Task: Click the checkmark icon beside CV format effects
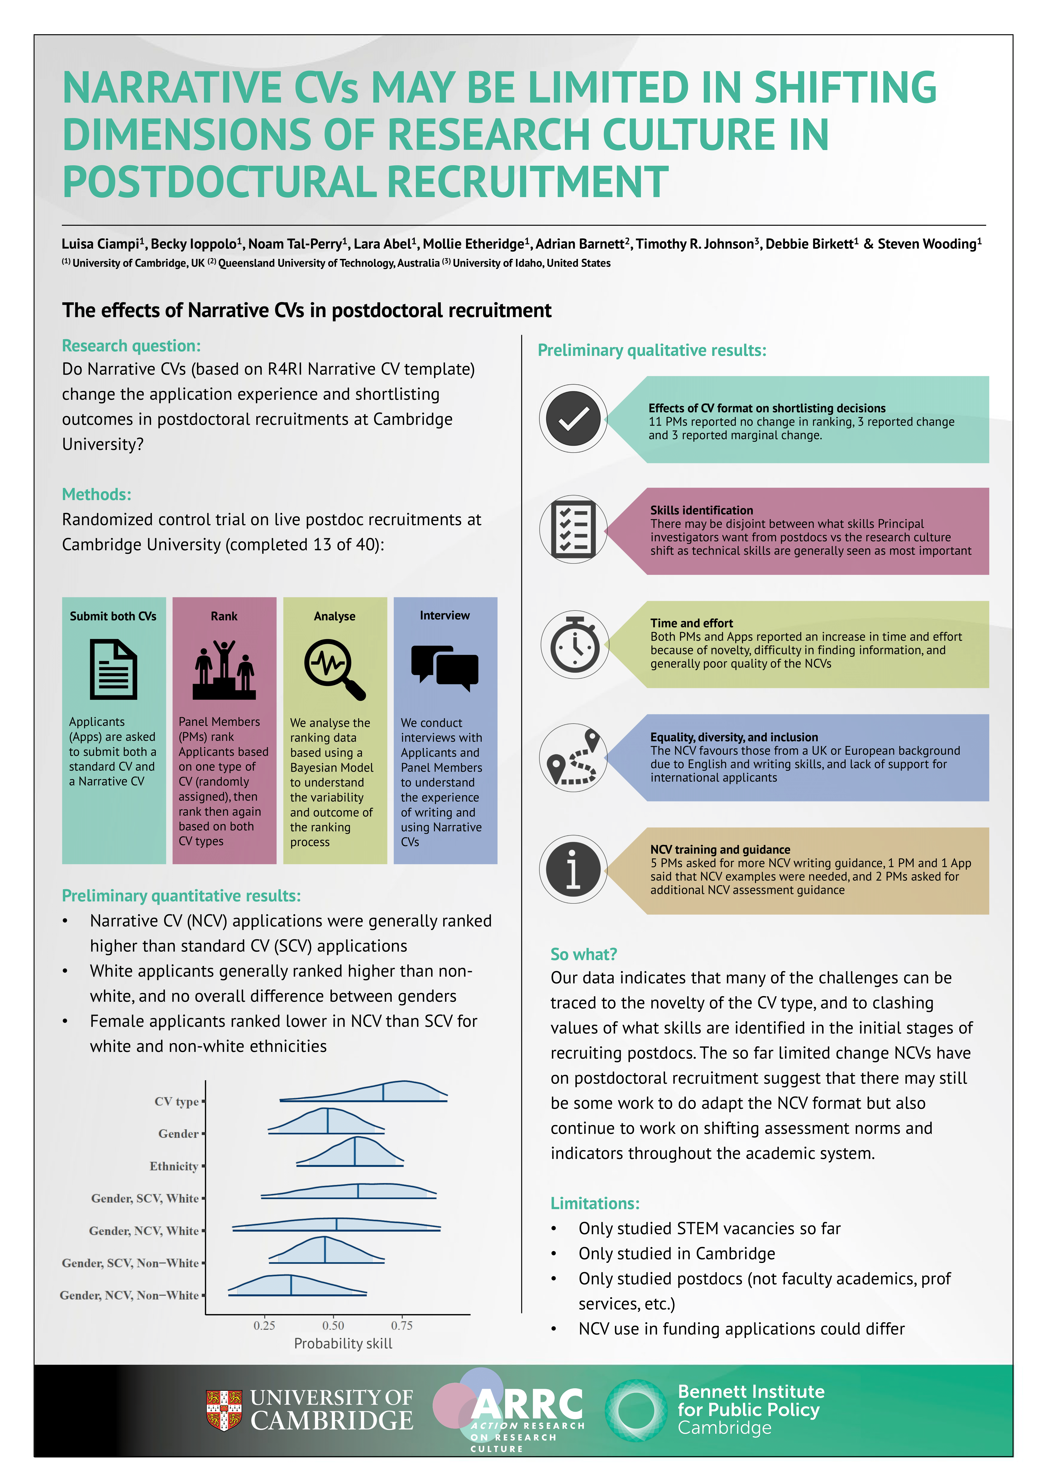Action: coord(573,419)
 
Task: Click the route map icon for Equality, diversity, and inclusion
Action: coord(573,758)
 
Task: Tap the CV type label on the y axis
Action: coord(176,1101)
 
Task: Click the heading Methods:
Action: coord(96,495)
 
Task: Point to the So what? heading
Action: coord(583,954)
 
